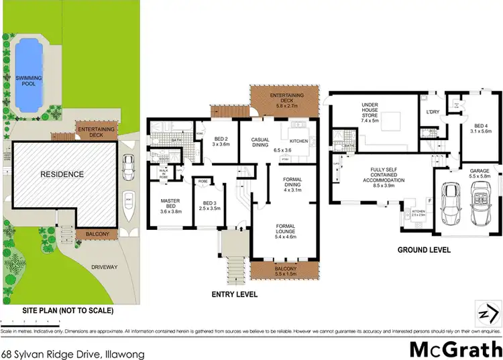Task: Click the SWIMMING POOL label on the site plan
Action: click(x=29, y=82)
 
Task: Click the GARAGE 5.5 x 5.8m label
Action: click(x=479, y=175)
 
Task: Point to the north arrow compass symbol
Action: click(x=487, y=312)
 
